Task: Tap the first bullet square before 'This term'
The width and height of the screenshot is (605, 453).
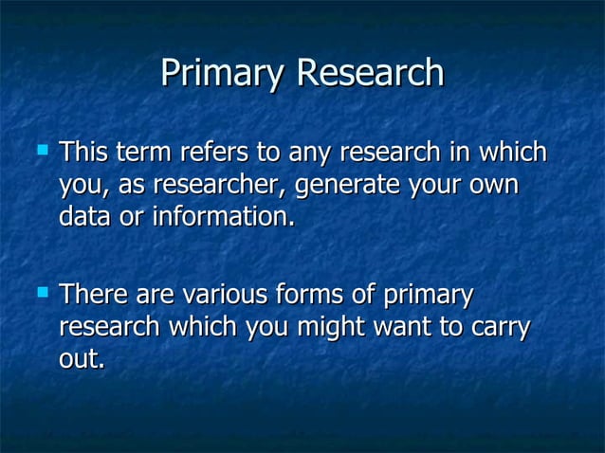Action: [40, 149]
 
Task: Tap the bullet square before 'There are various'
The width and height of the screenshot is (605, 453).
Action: [40, 293]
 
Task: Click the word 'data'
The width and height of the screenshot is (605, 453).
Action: [84, 216]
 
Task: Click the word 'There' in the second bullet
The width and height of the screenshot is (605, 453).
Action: [92, 297]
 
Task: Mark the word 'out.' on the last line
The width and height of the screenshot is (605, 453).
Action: [82, 360]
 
